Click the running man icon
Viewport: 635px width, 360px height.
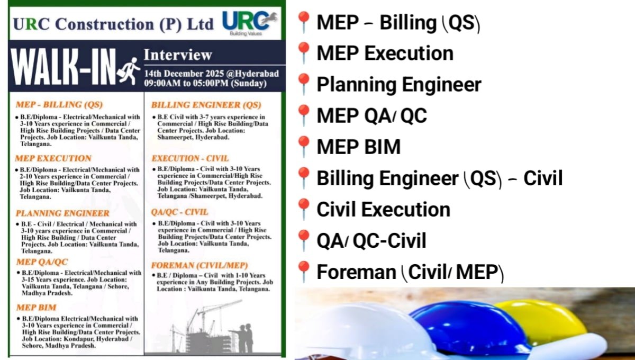pyautogui.click(x=129, y=70)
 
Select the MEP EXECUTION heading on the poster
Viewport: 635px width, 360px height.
pyautogui.click(x=53, y=158)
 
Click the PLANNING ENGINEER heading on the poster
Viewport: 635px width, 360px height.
pyautogui.click(x=62, y=213)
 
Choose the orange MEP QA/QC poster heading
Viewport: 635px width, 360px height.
pyautogui.click(x=42, y=262)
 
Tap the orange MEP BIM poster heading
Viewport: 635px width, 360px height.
pyautogui.click(x=36, y=308)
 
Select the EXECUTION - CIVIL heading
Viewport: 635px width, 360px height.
pyautogui.click(x=190, y=158)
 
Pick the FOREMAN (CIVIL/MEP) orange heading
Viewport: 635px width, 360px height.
pyautogui.click(x=199, y=265)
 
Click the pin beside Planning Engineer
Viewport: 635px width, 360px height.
pyautogui.click(x=304, y=84)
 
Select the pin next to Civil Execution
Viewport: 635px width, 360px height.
pyautogui.click(x=304, y=209)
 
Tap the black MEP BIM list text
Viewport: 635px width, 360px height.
pyautogui.click(x=358, y=147)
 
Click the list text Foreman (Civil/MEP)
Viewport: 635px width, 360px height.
pyautogui.click(x=410, y=272)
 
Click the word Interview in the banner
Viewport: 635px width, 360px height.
pyautogui.click(x=178, y=55)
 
